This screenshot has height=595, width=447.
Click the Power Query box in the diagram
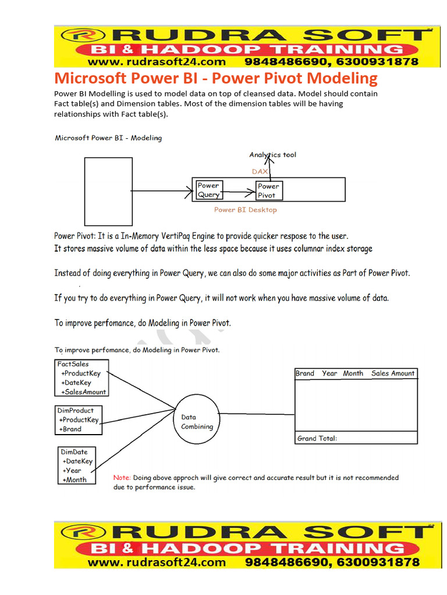(x=208, y=190)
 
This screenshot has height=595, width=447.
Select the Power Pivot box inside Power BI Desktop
(x=268, y=191)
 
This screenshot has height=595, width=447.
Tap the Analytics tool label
(x=272, y=155)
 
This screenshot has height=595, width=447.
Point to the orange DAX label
(x=260, y=172)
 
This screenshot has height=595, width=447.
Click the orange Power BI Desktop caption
(x=245, y=210)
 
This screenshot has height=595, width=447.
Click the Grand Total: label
(x=317, y=439)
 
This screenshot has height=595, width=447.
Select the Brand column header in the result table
(x=304, y=374)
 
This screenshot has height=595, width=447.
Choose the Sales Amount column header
(x=393, y=374)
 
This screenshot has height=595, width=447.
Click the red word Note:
(x=122, y=478)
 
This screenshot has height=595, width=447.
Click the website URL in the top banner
(x=157, y=62)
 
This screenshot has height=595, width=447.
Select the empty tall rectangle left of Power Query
(x=108, y=191)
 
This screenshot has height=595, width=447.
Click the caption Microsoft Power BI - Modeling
(x=108, y=138)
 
